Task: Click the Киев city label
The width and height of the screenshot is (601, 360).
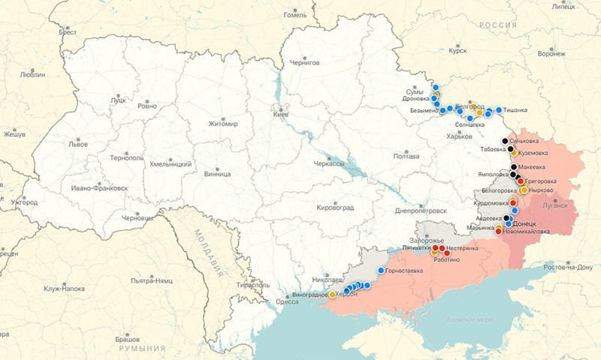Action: tap(280, 114)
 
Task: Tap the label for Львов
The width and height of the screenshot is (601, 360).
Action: tap(78, 144)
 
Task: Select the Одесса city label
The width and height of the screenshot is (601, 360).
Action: tap(287, 301)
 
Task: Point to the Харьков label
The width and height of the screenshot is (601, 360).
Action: tap(459, 136)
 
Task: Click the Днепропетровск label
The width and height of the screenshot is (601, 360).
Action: tap(421, 211)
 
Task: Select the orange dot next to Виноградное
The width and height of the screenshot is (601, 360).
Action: tap(333, 295)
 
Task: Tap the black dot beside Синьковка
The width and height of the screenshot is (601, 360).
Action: tap(505, 141)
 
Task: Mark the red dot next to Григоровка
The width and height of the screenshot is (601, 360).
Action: tap(521, 181)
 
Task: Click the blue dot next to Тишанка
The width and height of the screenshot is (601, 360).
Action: tap(499, 110)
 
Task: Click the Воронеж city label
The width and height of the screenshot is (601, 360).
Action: tap(551, 53)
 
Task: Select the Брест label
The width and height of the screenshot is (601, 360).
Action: tap(68, 32)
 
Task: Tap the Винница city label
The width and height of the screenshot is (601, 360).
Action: tap(217, 174)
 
